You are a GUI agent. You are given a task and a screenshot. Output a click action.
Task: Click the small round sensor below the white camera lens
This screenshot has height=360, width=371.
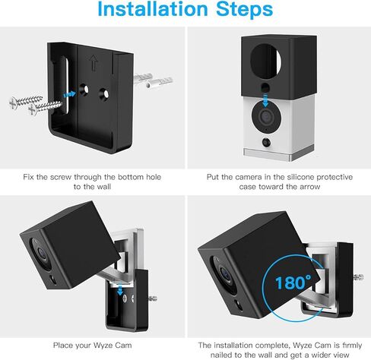click(265, 143)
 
